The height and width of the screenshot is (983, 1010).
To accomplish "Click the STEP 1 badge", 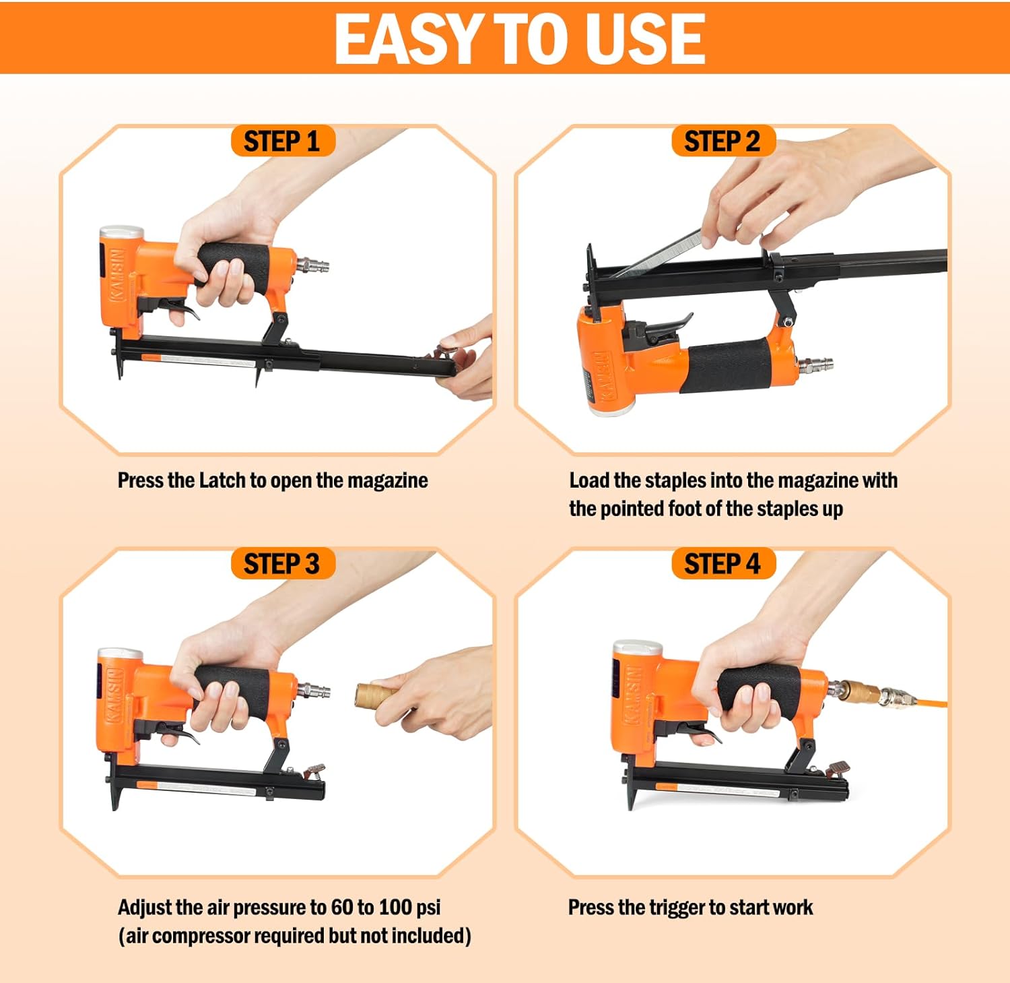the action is point(282,141).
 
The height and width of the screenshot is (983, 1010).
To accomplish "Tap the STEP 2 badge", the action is point(722,141).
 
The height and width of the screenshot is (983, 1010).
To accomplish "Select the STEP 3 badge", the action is point(282,563).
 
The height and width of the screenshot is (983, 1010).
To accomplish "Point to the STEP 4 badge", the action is point(722,563).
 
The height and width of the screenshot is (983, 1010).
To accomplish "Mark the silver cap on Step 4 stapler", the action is point(637,648).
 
